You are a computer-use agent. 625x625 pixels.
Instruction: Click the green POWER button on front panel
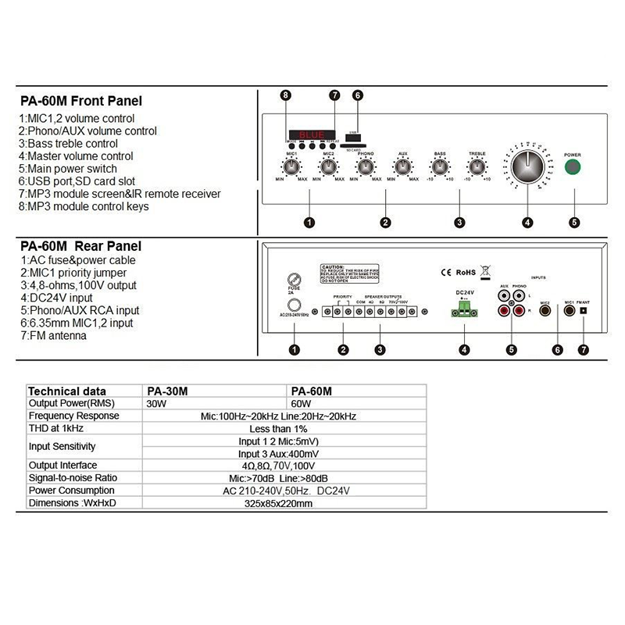pos(574,167)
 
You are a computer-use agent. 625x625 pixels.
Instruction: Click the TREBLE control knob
pos(477,166)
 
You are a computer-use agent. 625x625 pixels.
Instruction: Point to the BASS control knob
pos(440,166)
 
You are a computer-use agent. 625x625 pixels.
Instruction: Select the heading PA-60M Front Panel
pos(81,101)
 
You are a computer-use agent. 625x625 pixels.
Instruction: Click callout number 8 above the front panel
pos(286,95)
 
